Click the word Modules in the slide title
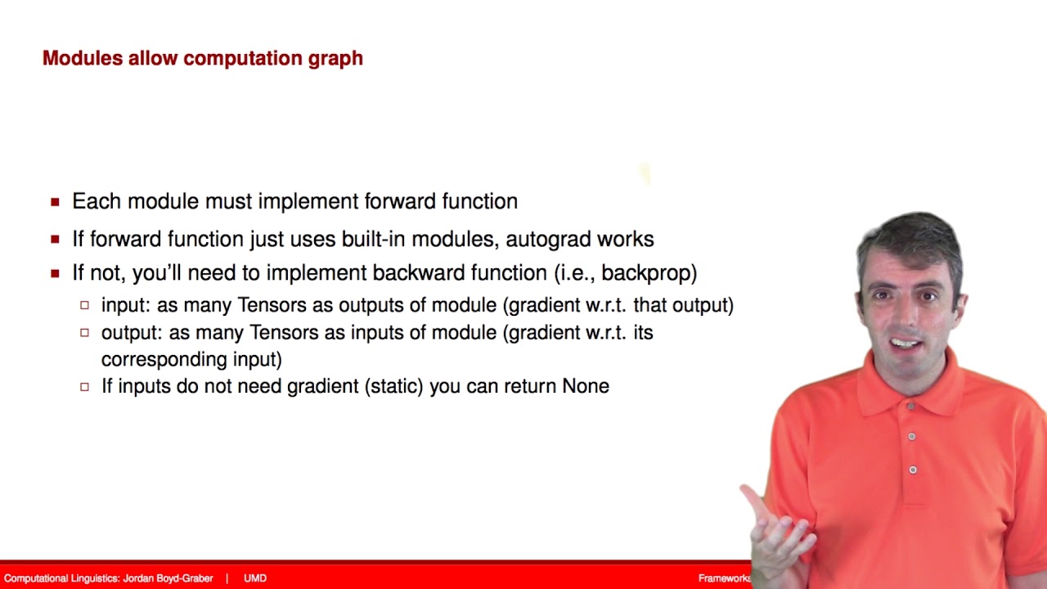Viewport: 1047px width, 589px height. (82, 58)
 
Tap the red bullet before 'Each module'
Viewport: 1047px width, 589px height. (55, 202)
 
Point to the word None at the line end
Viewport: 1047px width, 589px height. (586, 386)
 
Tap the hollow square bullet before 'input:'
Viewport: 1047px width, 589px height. (84, 306)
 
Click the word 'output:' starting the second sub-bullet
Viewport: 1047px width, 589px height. (132, 333)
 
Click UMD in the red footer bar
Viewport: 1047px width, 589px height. (255, 578)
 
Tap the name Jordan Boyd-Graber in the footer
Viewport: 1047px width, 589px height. (168, 578)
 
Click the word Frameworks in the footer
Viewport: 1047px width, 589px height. (724, 578)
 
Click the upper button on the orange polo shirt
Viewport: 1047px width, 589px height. (911, 437)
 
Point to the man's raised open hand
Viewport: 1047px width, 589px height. (777, 524)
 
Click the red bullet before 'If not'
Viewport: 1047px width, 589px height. (55, 273)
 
